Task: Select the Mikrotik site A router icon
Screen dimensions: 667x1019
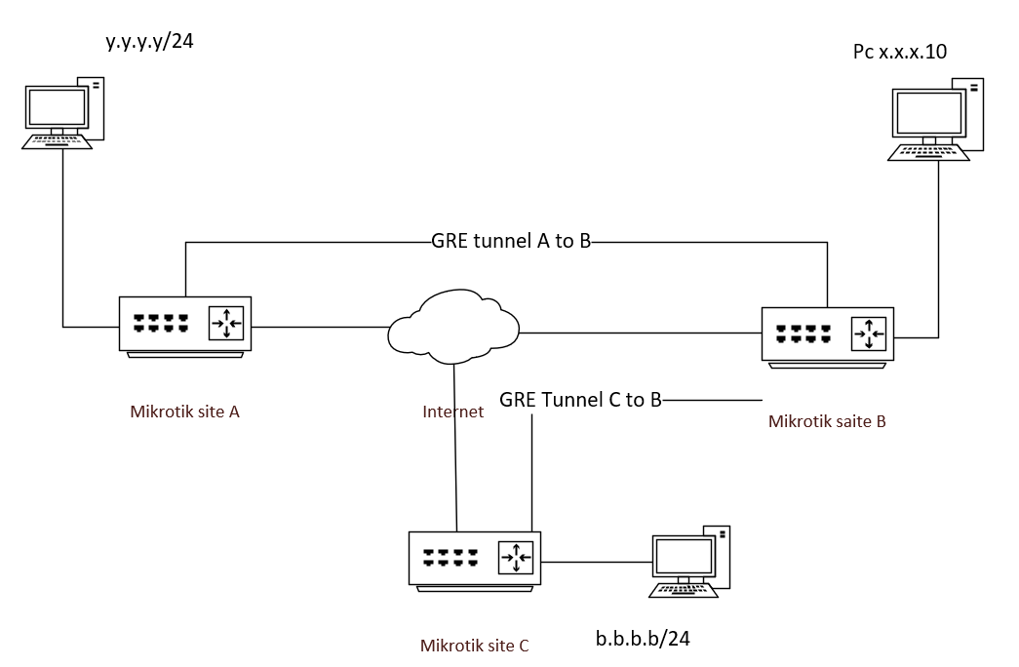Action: pyautogui.click(x=185, y=325)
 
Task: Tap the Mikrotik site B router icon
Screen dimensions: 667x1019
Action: pyautogui.click(x=827, y=335)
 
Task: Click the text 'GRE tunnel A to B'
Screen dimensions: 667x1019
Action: pyautogui.click(x=511, y=242)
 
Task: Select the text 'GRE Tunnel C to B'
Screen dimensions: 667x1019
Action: pyautogui.click(x=580, y=399)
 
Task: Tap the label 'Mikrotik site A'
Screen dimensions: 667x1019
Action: pyautogui.click(x=184, y=411)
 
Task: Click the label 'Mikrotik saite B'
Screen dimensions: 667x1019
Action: pyautogui.click(x=827, y=421)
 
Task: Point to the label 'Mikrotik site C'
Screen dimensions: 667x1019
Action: pyautogui.click(x=474, y=645)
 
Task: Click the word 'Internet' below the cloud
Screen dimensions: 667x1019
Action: pyautogui.click(x=452, y=412)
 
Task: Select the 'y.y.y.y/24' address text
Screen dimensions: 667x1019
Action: pyautogui.click(x=157, y=42)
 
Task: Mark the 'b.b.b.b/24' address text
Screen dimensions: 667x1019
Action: pyautogui.click(x=643, y=639)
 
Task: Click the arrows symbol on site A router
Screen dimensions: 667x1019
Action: pyautogui.click(x=226, y=324)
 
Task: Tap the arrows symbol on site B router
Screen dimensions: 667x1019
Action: pyautogui.click(x=868, y=334)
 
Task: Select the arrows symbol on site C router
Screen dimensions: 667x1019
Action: pyautogui.click(x=515, y=558)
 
